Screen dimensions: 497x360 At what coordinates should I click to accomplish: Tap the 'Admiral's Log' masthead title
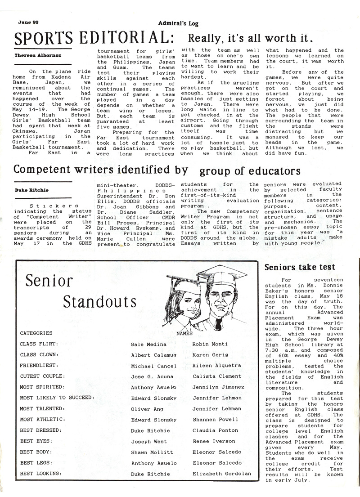tap(178, 24)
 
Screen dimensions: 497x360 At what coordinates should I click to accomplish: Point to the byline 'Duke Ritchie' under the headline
tap(30, 189)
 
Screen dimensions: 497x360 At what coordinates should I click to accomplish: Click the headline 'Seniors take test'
tap(300, 267)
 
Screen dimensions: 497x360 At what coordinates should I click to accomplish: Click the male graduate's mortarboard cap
tap(222, 273)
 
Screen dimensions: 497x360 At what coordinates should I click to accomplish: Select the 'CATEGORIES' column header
tap(36, 333)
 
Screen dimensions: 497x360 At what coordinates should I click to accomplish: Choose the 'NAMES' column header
tap(184, 334)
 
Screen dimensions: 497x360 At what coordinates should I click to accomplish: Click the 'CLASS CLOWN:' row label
tap(39, 355)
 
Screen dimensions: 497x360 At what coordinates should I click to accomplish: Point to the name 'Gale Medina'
tap(148, 345)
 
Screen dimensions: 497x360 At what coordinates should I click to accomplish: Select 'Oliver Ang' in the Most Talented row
tap(146, 409)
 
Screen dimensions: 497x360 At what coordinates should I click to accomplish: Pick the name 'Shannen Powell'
tap(215, 420)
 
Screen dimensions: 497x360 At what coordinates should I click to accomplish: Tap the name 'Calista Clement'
tap(217, 376)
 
